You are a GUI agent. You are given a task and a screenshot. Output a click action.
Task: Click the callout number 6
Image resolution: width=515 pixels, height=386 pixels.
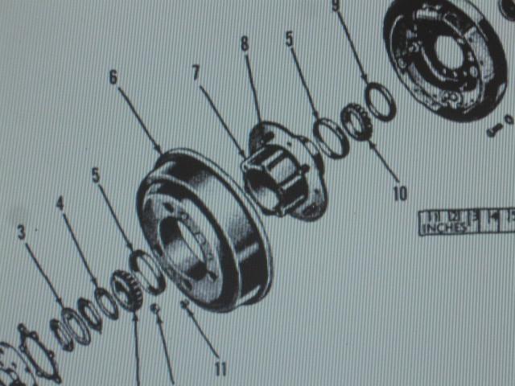[x=113, y=76]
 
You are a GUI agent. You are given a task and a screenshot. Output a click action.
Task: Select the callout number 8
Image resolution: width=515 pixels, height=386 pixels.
[x=244, y=43]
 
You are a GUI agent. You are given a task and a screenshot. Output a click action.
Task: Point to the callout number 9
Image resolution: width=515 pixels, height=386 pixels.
[x=336, y=6]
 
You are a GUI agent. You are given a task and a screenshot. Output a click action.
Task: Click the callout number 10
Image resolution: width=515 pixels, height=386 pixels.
[x=400, y=193]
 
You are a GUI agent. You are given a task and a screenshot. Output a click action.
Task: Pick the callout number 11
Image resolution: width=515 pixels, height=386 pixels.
[x=220, y=368]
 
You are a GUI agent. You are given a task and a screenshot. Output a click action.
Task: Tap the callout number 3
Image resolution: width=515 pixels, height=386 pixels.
[x=22, y=232]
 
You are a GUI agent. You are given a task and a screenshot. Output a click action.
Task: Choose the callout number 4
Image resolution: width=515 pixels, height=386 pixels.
[x=60, y=203]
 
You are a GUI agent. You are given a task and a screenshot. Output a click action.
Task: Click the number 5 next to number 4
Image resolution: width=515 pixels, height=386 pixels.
[x=96, y=175]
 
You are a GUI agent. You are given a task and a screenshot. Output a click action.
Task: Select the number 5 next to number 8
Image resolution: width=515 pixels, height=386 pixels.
[x=289, y=37]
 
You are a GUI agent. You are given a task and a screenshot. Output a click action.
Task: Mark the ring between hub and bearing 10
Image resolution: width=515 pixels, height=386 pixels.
[x=330, y=138]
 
